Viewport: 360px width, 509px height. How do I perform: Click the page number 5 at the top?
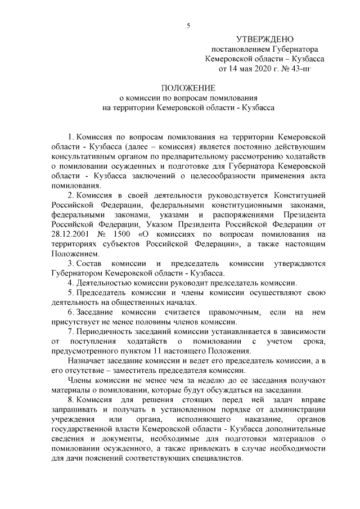click(x=188, y=24)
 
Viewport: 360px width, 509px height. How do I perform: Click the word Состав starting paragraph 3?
click(x=89, y=263)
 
